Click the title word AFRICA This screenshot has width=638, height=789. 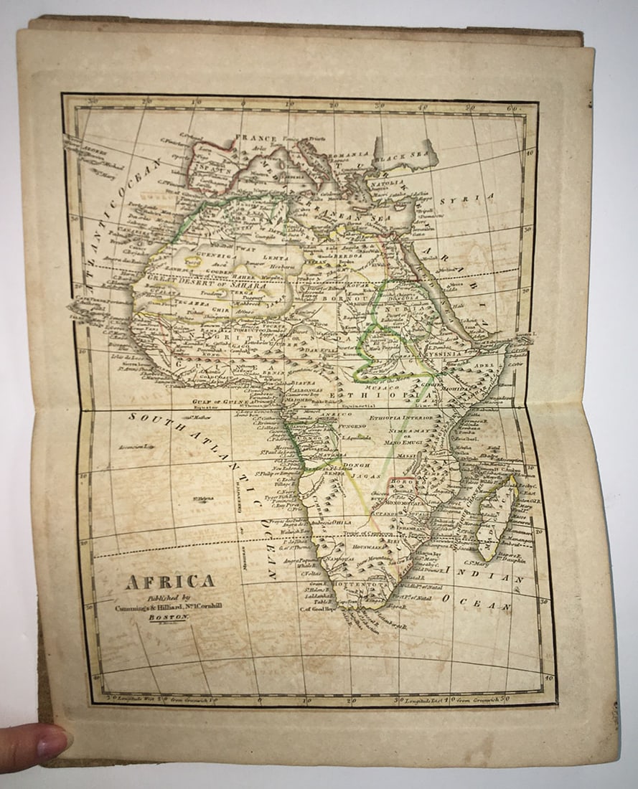point(169,581)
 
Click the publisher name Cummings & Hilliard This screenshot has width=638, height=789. point(169,604)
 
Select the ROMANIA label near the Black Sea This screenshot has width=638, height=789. point(349,153)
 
